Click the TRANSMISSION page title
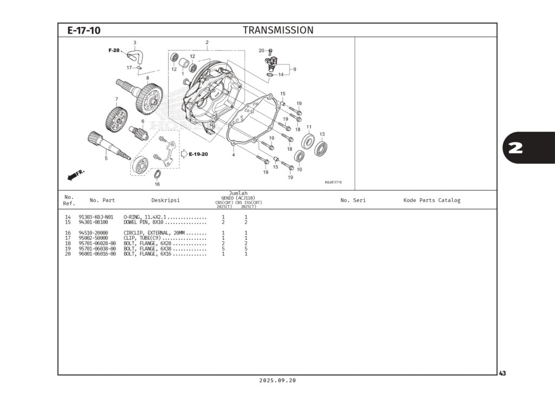(277, 30)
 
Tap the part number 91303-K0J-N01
(96, 217)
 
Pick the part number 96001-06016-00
(97, 254)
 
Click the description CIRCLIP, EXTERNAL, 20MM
(154, 233)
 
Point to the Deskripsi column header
(165, 200)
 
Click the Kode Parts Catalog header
(431, 200)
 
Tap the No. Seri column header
(353, 200)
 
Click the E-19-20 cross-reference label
(198, 154)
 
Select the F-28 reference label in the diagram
(114, 50)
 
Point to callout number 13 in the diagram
(321, 134)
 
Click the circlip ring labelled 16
(157, 174)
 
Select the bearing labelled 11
(309, 142)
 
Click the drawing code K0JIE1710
(333, 182)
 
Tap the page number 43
(502, 373)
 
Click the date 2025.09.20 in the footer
(277, 381)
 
